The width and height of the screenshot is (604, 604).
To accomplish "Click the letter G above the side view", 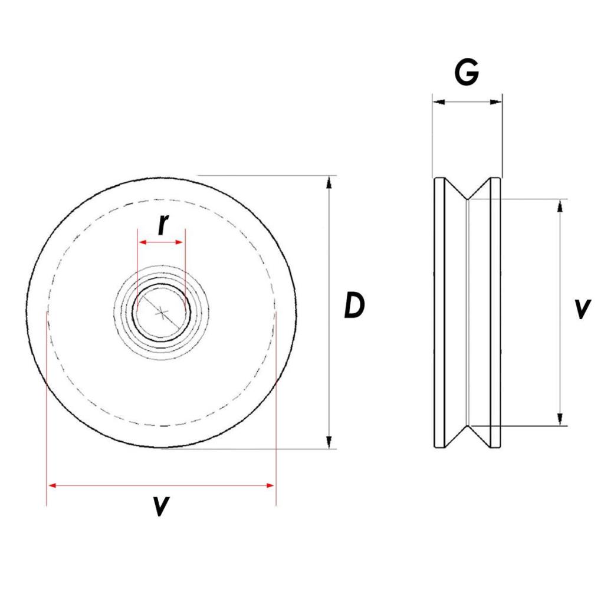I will [467, 73].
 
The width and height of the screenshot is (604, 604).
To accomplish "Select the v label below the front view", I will [160, 505].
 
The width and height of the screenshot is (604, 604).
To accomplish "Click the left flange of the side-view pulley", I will [439, 313].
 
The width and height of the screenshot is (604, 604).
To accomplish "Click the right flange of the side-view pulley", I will [495, 313].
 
